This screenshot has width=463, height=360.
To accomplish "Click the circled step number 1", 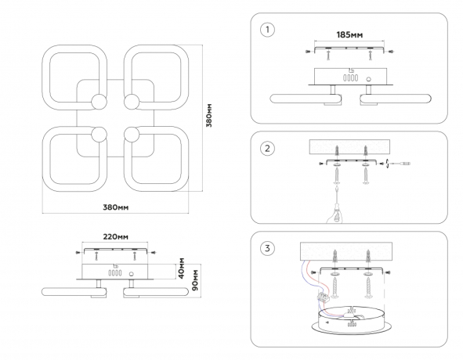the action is (267, 30).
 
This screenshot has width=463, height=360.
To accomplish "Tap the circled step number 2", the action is (267, 148).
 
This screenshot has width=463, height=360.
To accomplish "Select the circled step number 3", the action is (267, 248).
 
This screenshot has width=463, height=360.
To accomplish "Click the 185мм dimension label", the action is (349, 34).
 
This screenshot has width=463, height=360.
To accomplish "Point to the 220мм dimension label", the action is (115, 236).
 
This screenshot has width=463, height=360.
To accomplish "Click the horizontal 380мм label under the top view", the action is (115, 207).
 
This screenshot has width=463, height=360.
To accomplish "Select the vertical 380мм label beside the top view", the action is (209, 115).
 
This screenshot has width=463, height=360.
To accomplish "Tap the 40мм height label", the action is (182, 268).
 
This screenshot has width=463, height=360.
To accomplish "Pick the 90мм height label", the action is (195, 280).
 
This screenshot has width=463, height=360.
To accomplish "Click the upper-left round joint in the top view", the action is (99, 102).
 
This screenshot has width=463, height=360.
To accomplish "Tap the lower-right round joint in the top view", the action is (132, 135).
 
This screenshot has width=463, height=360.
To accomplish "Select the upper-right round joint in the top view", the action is (132, 102).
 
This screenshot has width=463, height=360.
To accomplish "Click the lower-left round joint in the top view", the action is (99, 135).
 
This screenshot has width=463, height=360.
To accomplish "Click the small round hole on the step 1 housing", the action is (368, 79).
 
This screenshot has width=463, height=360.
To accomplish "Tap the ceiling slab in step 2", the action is (349, 147).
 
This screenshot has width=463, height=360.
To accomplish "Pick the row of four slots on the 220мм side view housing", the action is (115, 273).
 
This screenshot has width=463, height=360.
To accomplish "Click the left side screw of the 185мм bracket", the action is (308, 52).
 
